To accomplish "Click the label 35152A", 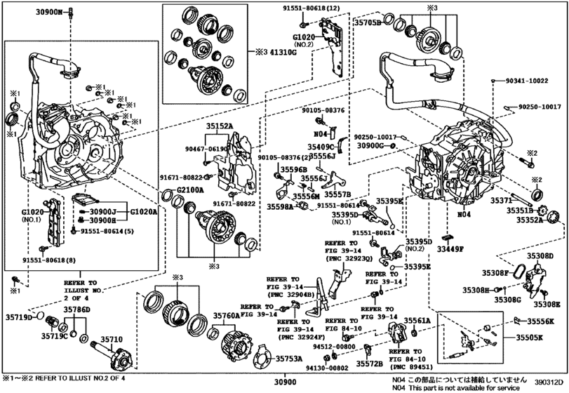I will tap(220, 127).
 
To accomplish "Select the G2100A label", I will tap(189, 189).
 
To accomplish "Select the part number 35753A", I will tap(288, 359).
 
